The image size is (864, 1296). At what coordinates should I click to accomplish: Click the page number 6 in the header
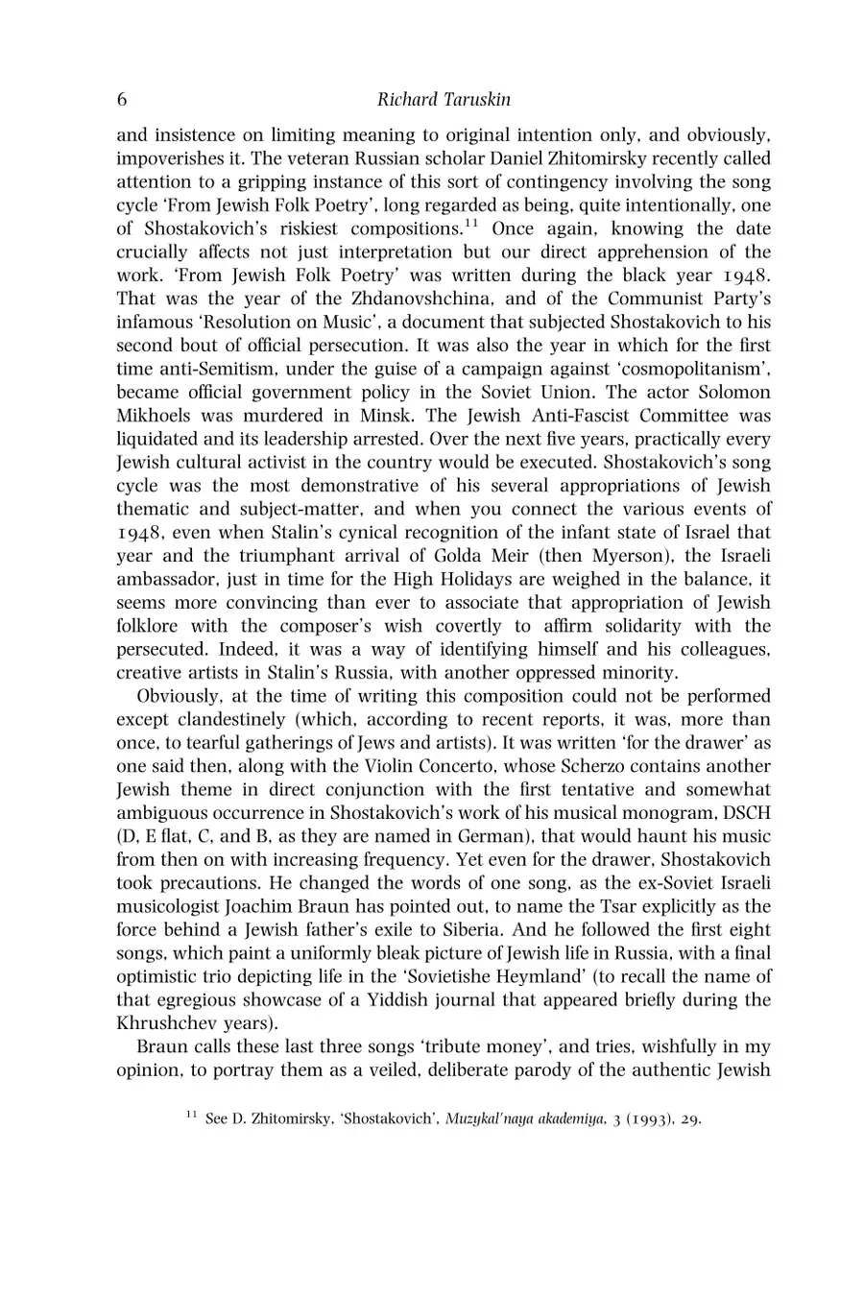(x=122, y=100)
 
